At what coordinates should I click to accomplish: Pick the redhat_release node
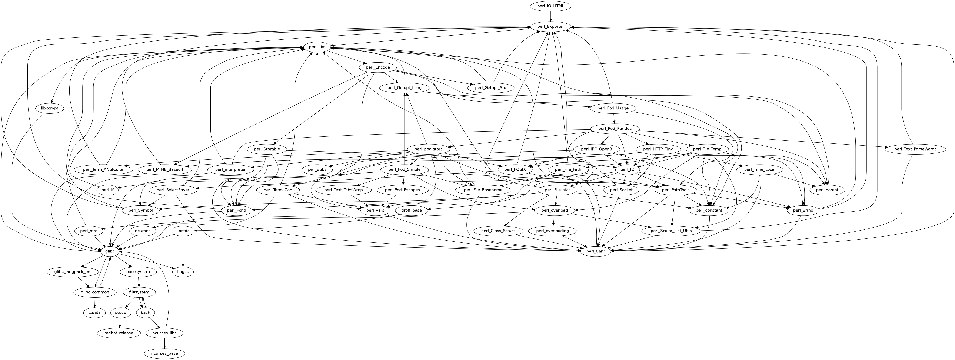pos(119,333)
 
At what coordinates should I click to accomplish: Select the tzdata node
pos(94,313)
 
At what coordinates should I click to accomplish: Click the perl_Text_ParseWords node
pos(915,149)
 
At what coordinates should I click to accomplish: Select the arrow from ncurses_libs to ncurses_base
pos(164,343)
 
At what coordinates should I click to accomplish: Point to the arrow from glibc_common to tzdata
pos(95,302)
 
